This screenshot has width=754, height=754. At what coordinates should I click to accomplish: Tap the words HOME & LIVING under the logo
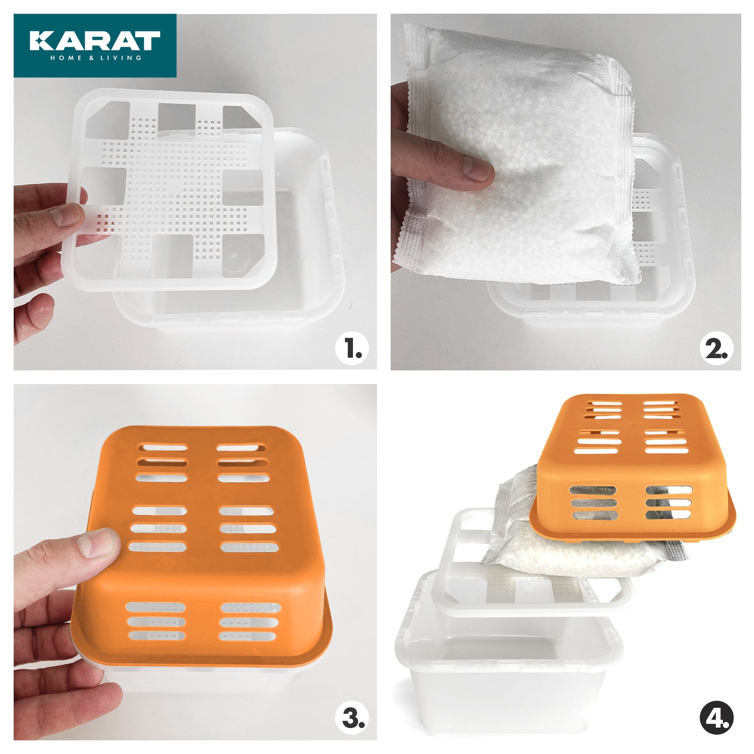(96, 58)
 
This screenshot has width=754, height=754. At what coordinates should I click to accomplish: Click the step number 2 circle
(716, 349)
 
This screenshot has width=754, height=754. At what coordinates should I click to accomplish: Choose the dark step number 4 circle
(716, 719)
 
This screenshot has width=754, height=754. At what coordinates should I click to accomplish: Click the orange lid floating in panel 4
(631, 467)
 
